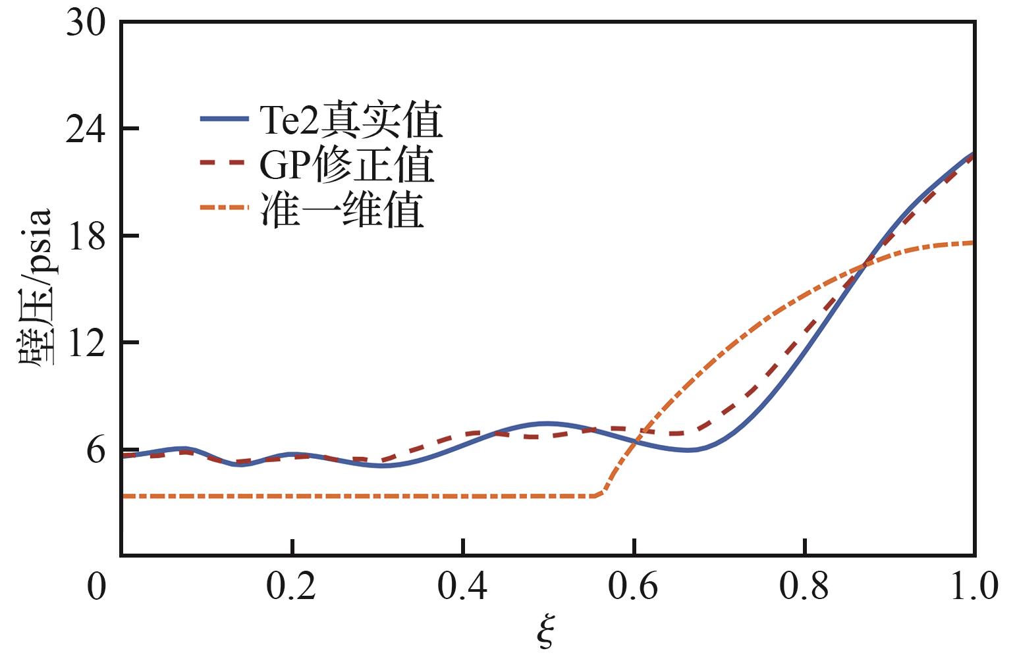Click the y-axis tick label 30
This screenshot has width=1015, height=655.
pos(86,23)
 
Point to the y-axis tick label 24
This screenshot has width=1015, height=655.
pos(86,130)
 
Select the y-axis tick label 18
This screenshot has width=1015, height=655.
pos(86,236)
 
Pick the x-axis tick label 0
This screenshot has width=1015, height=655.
pos(96,587)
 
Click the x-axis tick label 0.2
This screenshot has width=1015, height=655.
pos(291,587)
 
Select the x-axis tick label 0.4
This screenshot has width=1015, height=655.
pos(462,587)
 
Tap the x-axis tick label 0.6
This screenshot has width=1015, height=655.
pos(632,587)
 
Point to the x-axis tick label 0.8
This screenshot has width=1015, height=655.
pos(804,587)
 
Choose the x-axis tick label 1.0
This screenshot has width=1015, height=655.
pos(974,587)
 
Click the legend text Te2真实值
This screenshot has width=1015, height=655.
pos(350,120)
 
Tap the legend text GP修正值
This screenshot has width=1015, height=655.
pos(347,164)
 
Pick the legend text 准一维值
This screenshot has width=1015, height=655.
pos(342,209)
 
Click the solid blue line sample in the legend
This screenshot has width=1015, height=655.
pos(225,118)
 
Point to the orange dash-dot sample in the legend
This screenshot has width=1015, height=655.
pos(225,207)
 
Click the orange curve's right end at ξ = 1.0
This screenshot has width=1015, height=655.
pos(974,243)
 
